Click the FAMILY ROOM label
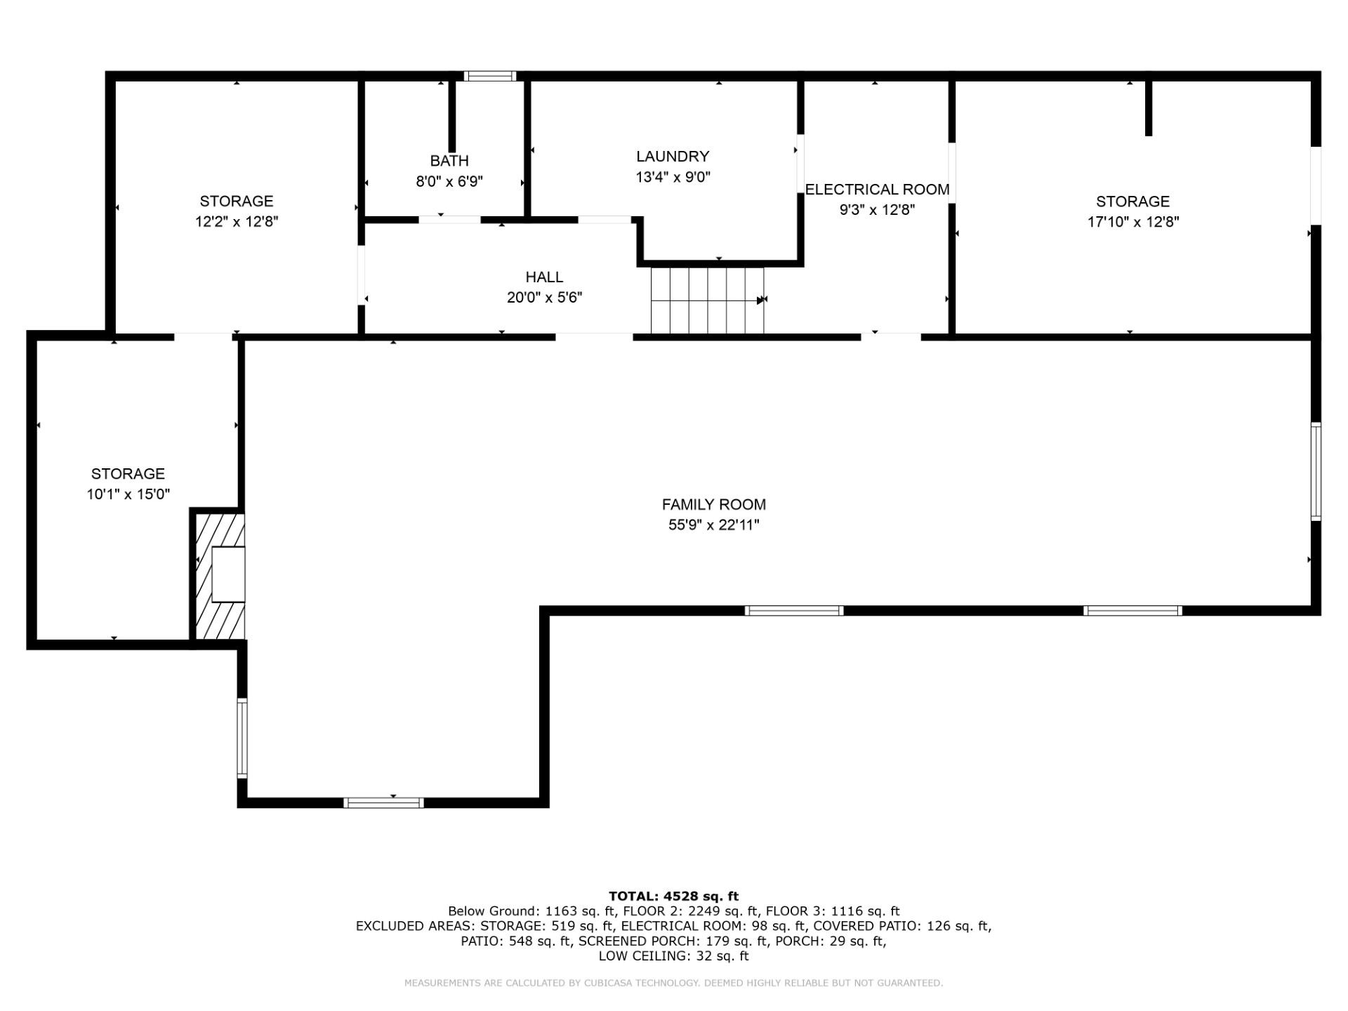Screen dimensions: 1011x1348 point(713,504)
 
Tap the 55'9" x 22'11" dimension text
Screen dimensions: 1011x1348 point(713,525)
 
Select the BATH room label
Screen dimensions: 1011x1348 point(449,161)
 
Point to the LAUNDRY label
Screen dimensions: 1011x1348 point(673,157)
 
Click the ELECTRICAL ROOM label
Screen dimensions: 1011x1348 point(877,190)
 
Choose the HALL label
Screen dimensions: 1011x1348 point(544,277)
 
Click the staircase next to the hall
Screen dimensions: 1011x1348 point(706,300)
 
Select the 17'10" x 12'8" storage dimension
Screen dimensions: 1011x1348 point(1132,222)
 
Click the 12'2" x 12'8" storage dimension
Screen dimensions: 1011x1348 point(237,222)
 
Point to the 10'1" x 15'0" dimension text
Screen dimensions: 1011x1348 point(128,494)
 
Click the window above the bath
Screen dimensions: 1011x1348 point(490,76)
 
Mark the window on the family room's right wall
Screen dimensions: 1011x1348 point(1316,472)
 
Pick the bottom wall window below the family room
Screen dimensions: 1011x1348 point(383,802)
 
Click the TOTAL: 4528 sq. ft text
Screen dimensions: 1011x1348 point(673,896)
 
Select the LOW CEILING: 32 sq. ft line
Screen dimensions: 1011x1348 point(673,956)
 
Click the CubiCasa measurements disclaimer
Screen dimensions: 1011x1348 point(673,983)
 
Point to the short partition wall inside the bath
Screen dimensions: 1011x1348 point(452,116)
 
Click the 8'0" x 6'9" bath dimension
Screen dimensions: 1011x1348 point(449,182)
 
